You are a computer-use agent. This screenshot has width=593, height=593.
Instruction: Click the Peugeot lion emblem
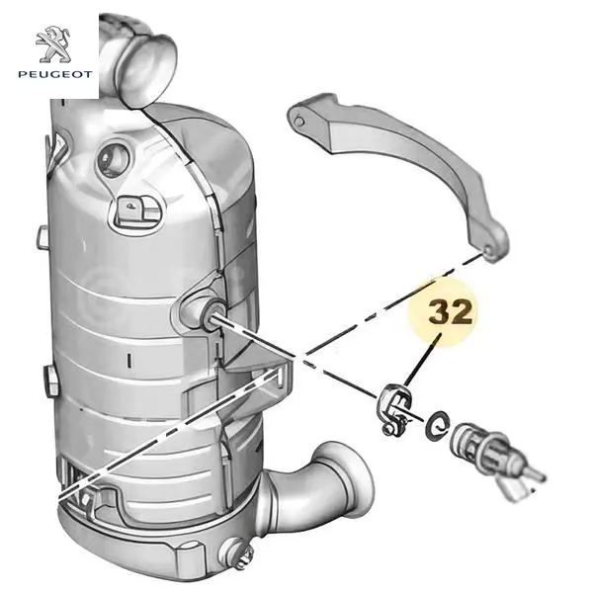53,44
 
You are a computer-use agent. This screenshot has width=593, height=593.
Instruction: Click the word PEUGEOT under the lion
55,74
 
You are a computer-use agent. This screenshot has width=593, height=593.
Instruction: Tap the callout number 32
450,312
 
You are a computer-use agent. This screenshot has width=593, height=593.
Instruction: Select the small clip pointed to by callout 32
395,409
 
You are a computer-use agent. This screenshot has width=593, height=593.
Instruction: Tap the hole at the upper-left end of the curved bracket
298,122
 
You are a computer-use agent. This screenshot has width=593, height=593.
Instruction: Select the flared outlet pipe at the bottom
321,491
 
